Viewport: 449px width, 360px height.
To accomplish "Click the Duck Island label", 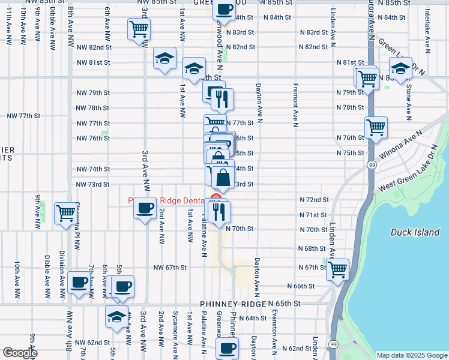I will [411, 232].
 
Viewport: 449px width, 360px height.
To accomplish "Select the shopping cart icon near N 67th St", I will [338, 269].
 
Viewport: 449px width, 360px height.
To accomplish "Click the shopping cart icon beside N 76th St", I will [376, 128].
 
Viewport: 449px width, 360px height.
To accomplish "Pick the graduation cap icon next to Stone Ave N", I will [400, 68].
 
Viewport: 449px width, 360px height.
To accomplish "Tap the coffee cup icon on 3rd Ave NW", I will [144, 208].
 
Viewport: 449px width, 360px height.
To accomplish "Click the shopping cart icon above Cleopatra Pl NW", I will [65, 214].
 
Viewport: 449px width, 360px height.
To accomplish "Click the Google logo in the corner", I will [20, 353].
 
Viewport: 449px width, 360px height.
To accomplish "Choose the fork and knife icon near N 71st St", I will [218, 211].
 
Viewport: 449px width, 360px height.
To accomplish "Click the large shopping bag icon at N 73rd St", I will [223, 178].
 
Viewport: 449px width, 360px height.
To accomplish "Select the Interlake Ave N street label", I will [427, 28].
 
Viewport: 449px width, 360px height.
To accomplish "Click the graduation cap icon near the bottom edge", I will [116, 317].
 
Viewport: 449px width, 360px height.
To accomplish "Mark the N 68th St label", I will [312, 248].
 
